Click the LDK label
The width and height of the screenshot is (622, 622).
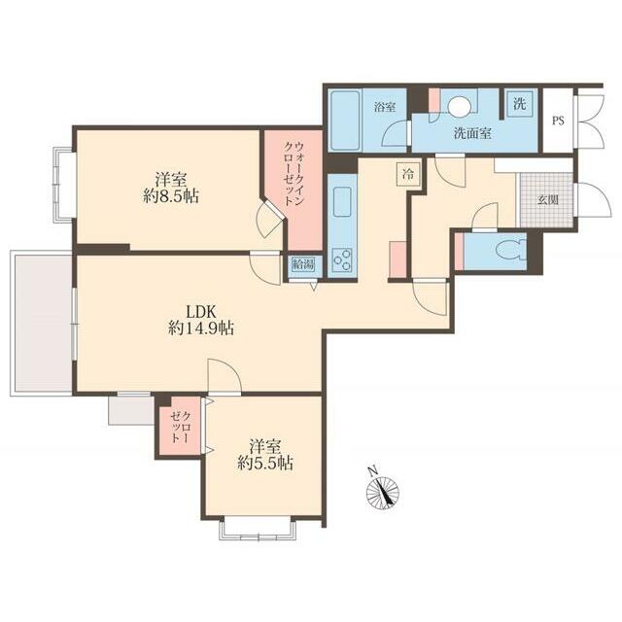pos(201,312)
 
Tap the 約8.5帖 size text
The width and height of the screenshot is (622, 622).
pos(171,196)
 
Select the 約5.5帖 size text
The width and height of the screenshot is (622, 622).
pos(265,463)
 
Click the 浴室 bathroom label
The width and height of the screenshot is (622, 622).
pos(385,107)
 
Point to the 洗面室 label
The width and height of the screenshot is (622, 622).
pos(473,133)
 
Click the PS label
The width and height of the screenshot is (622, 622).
pos(558,121)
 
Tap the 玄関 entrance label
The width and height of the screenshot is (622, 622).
pos(548,200)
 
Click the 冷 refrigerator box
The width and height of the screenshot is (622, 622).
pos(408,174)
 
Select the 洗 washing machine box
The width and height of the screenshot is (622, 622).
pos(520,104)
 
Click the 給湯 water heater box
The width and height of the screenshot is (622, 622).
pos(303,264)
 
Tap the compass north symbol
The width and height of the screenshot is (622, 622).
pos(382,491)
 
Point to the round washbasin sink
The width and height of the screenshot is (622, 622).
pos(459,107)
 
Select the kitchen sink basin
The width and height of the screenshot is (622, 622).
pos(342,202)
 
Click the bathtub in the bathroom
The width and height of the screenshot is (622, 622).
pos(345,121)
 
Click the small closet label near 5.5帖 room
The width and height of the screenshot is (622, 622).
pos(181,428)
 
